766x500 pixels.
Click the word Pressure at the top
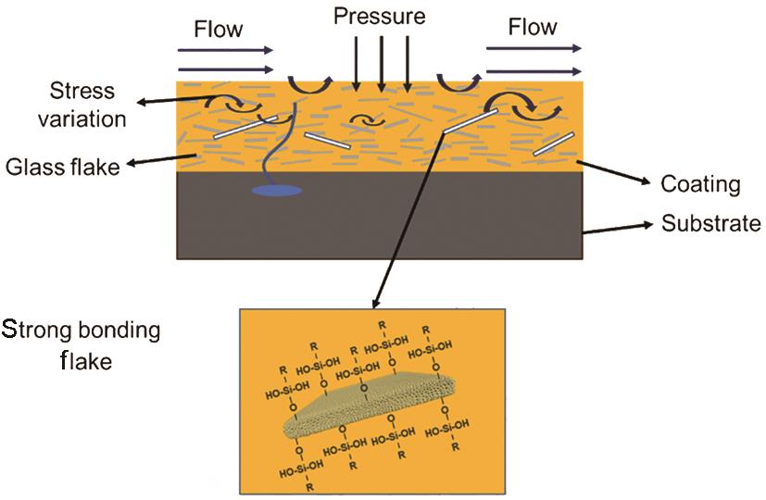pyautogui.click(x=380, y=17)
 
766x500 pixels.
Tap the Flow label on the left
pyautogui.click(x=218, y=29)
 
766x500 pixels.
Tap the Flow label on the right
pyautogui.click(x=533, y=27)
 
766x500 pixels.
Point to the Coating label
pyautogui.click(x=700, y=184)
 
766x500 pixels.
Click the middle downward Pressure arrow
pyautogui.click(x=381, y=61)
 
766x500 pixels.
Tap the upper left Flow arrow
pyautogui.click(x=225, y=50)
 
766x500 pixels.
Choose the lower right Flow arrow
pyautogui.click(x=535, y=69)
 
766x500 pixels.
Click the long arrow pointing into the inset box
pyautogui.click(x=408, y=222)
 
